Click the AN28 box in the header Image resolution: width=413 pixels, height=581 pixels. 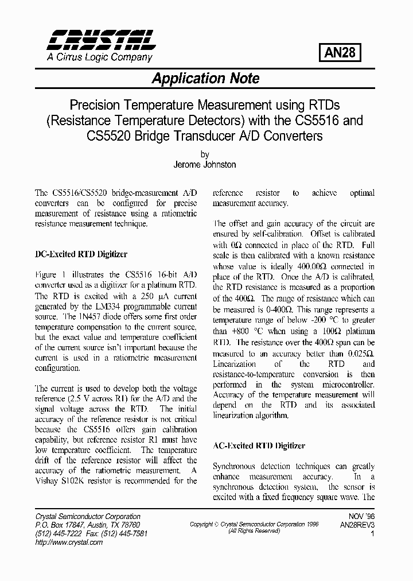(340, 53)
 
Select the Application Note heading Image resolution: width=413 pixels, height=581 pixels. (205, 79)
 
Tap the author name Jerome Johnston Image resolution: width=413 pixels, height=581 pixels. (205, 165)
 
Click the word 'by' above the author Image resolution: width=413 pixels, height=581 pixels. (205, 155)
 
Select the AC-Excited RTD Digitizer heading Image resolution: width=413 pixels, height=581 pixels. (259, 446)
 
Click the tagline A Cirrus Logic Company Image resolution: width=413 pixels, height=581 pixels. (99, 57)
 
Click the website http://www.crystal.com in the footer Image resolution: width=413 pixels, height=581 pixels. (69, 543)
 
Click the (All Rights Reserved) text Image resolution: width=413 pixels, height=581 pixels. (254, 531)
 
